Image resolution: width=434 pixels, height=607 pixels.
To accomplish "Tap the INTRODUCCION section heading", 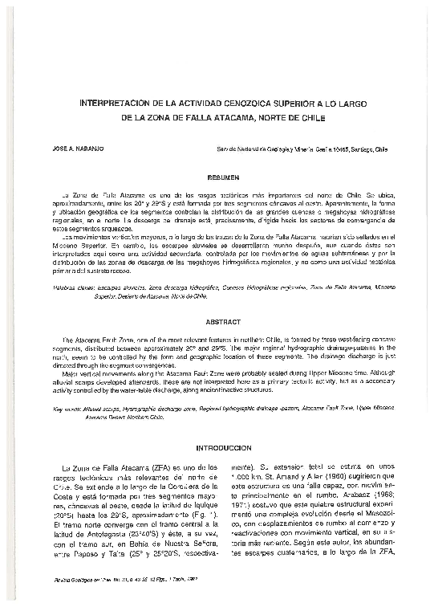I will click(220, 446).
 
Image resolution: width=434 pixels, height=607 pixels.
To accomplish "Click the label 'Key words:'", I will click(67, 408).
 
